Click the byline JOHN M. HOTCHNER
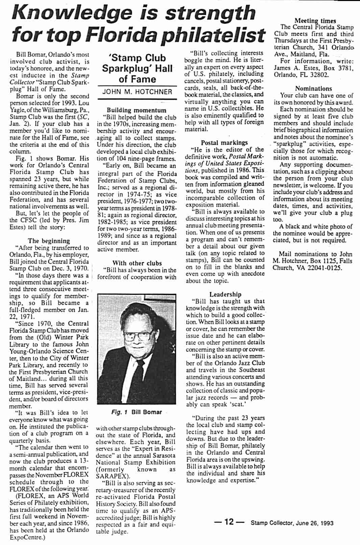[x=137, y=92]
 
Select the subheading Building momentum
[x=137, y=110]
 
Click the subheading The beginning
[x=49, y=241]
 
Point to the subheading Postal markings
[x=224, y=143]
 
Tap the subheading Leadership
[x=225, y=294]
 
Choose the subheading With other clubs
[x=137, y=263]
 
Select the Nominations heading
[x=313, y=89]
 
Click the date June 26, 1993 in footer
[x=314, y=523]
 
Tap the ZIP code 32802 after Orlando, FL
[x=318, y=75]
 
